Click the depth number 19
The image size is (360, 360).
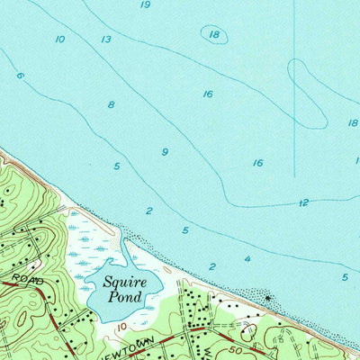(146, 5)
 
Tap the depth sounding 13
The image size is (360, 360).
(106, 40)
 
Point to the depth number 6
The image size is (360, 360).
(19, 76)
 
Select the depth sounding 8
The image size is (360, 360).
(111, 105)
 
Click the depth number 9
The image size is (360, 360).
(165, 152)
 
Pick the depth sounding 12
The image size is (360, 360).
(303, 202)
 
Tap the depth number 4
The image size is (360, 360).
(247, 259)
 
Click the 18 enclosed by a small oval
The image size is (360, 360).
(213, 35)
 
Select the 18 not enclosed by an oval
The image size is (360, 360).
(353, 123)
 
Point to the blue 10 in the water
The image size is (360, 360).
(59, 40)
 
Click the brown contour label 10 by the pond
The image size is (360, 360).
(120, 324)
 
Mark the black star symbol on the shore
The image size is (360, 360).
(265, 297)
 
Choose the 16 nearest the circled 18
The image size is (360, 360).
(208, 94)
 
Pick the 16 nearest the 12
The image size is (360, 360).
(258, 163)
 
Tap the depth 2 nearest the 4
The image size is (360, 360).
(212, 266)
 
